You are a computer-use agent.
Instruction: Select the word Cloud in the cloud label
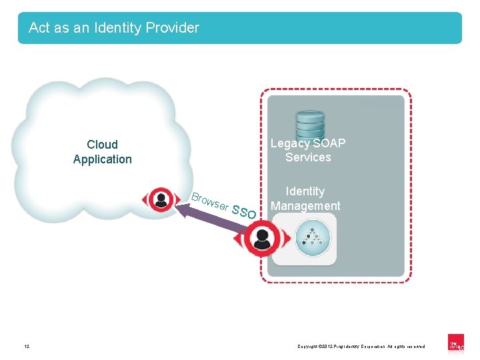[102, 145]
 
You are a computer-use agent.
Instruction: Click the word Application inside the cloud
[102, 159]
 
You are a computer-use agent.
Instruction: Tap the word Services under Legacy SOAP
[308, 158]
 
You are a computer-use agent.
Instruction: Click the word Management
[305, 206]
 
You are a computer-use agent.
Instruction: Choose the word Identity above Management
[305, 191]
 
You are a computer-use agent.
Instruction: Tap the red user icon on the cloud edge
[161, 199]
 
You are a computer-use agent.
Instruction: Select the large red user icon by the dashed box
[261, 238]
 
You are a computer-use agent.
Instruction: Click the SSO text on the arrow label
[245, 212]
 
